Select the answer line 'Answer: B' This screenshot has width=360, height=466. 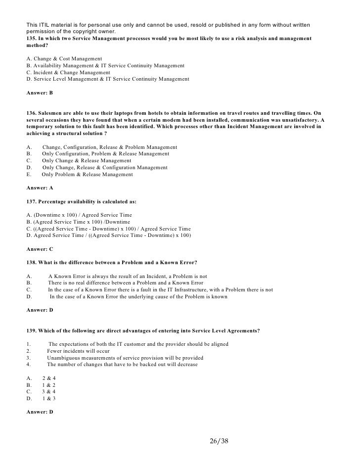point(40,93)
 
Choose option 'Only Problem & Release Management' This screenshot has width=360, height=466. point(87,174)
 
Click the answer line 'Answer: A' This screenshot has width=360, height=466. point(40,188)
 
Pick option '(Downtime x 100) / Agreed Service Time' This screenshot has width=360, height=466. point(81,215)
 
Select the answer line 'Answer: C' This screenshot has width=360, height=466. point(40,249)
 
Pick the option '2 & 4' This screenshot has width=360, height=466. point(49,378)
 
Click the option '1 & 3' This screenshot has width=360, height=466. point(49,398)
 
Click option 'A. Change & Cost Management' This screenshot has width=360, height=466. point(64,58)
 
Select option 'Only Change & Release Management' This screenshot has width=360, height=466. point(87,161)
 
